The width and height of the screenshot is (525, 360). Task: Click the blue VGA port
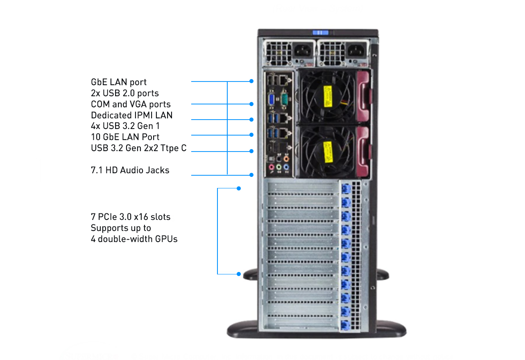[272, 99]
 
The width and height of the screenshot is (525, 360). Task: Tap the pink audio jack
[271, 167]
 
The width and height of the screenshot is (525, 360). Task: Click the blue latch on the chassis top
[320, 33]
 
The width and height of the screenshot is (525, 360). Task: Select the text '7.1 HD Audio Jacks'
[130, 170]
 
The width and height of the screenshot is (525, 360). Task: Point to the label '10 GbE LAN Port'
[125, 137]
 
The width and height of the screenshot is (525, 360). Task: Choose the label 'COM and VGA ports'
[131, 104]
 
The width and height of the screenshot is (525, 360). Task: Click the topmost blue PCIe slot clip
[345, 189]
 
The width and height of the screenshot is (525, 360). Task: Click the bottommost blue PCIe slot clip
[345, 326]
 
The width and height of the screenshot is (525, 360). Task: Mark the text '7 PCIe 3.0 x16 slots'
[131, 217]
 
